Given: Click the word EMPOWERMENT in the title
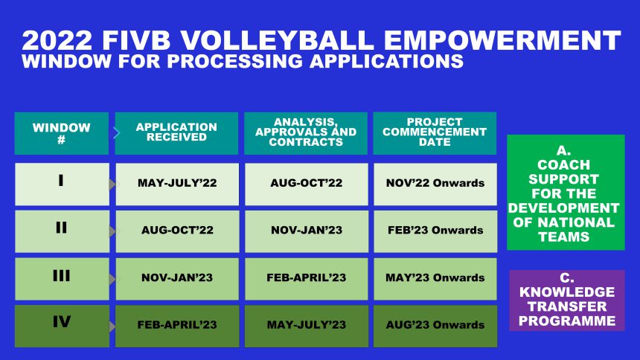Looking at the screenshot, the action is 502,40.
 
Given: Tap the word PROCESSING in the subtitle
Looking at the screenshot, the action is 234,61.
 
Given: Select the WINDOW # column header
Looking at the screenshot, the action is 62,133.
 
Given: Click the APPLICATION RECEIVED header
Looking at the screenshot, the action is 176,133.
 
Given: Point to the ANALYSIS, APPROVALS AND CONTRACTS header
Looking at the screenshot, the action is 306,133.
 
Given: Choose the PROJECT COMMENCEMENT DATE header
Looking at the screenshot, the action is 435,133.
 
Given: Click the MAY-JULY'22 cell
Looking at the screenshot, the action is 177,184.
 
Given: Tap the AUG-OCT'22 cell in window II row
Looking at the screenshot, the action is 177,231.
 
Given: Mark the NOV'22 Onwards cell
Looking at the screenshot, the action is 435,184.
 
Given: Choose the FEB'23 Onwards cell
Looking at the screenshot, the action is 435,231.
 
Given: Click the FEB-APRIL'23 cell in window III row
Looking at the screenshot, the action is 307,279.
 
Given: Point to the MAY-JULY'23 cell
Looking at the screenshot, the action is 307,326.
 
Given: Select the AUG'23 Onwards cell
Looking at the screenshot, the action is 435,326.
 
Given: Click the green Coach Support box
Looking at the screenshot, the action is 566,192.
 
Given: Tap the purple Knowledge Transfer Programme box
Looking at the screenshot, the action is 567,300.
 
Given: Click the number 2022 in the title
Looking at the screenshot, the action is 57,40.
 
